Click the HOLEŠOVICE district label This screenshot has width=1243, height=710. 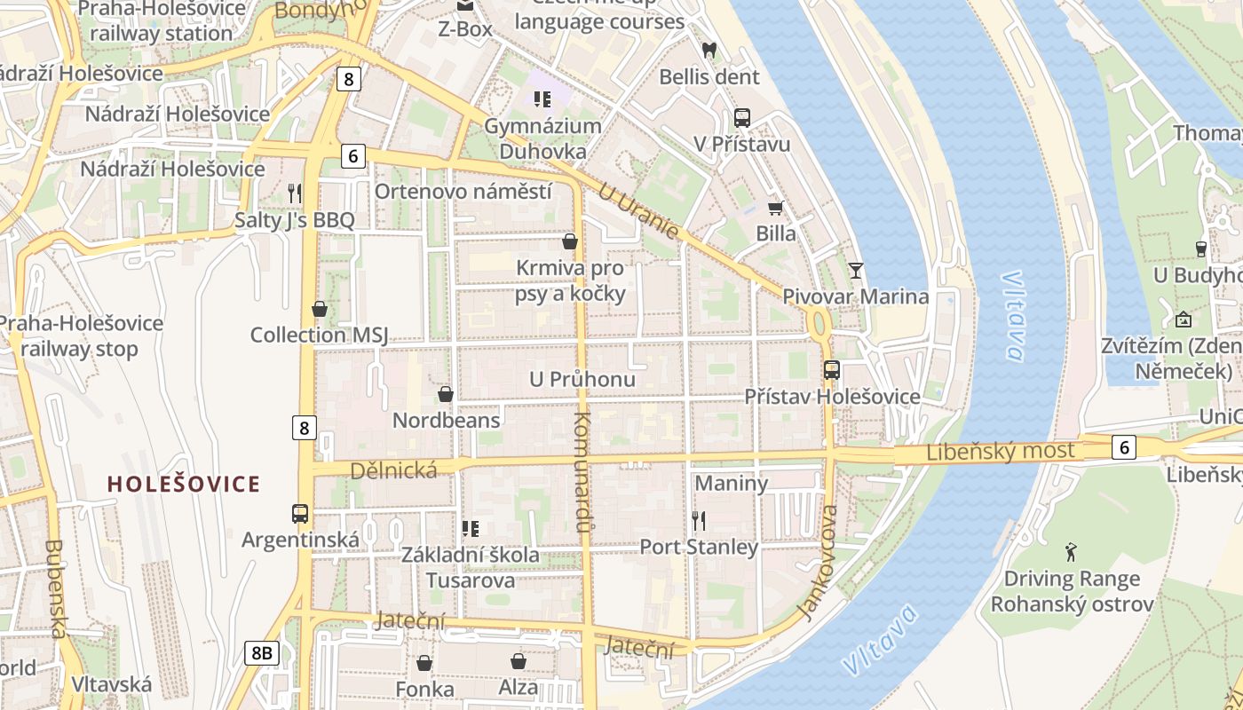(184, 485)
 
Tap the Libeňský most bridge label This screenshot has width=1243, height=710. (1000, 451)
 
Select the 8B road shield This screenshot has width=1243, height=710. (262, 654)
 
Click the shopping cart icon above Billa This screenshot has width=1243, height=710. (775, 208)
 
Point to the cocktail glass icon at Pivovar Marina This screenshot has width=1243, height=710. (855, 270)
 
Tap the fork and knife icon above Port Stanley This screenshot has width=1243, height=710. (699, 520)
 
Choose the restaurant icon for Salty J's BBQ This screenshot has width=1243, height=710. (295, 193)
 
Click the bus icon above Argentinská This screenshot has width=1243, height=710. (300, 513)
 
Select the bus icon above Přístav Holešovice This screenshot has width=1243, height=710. (831, 370)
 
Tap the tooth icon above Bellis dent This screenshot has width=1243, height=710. (709, 51)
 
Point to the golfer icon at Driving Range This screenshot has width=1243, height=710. (1072, 552)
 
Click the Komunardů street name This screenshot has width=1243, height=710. (582, 472)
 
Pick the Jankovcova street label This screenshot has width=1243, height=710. (819, 563)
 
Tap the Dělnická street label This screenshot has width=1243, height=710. (393, 469)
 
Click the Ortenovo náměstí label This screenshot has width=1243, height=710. (463, 192)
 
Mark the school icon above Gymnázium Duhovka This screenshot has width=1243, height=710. (542, 99)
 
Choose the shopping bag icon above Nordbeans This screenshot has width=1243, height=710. (446, 393)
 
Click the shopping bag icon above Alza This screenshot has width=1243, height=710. (518, 661)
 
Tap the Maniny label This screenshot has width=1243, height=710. (731, 484)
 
